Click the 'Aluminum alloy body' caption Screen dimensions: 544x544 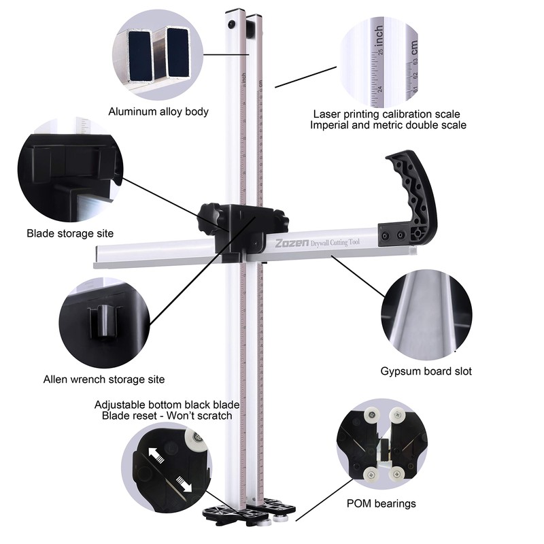coord(158,112)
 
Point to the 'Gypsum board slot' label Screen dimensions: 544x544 coord(426,371)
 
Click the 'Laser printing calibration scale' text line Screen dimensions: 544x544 coord(386,114)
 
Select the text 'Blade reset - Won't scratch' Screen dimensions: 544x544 coord(167,415)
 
